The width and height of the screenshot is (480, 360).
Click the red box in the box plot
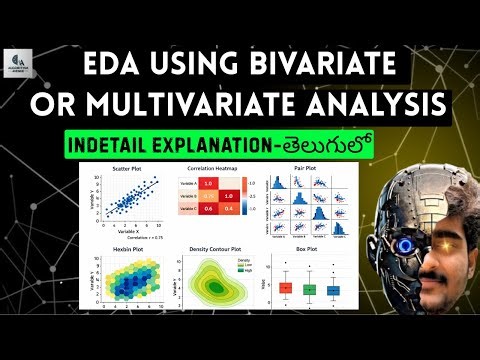286,288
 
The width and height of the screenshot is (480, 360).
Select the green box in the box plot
310,289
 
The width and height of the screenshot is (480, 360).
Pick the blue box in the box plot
333,290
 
